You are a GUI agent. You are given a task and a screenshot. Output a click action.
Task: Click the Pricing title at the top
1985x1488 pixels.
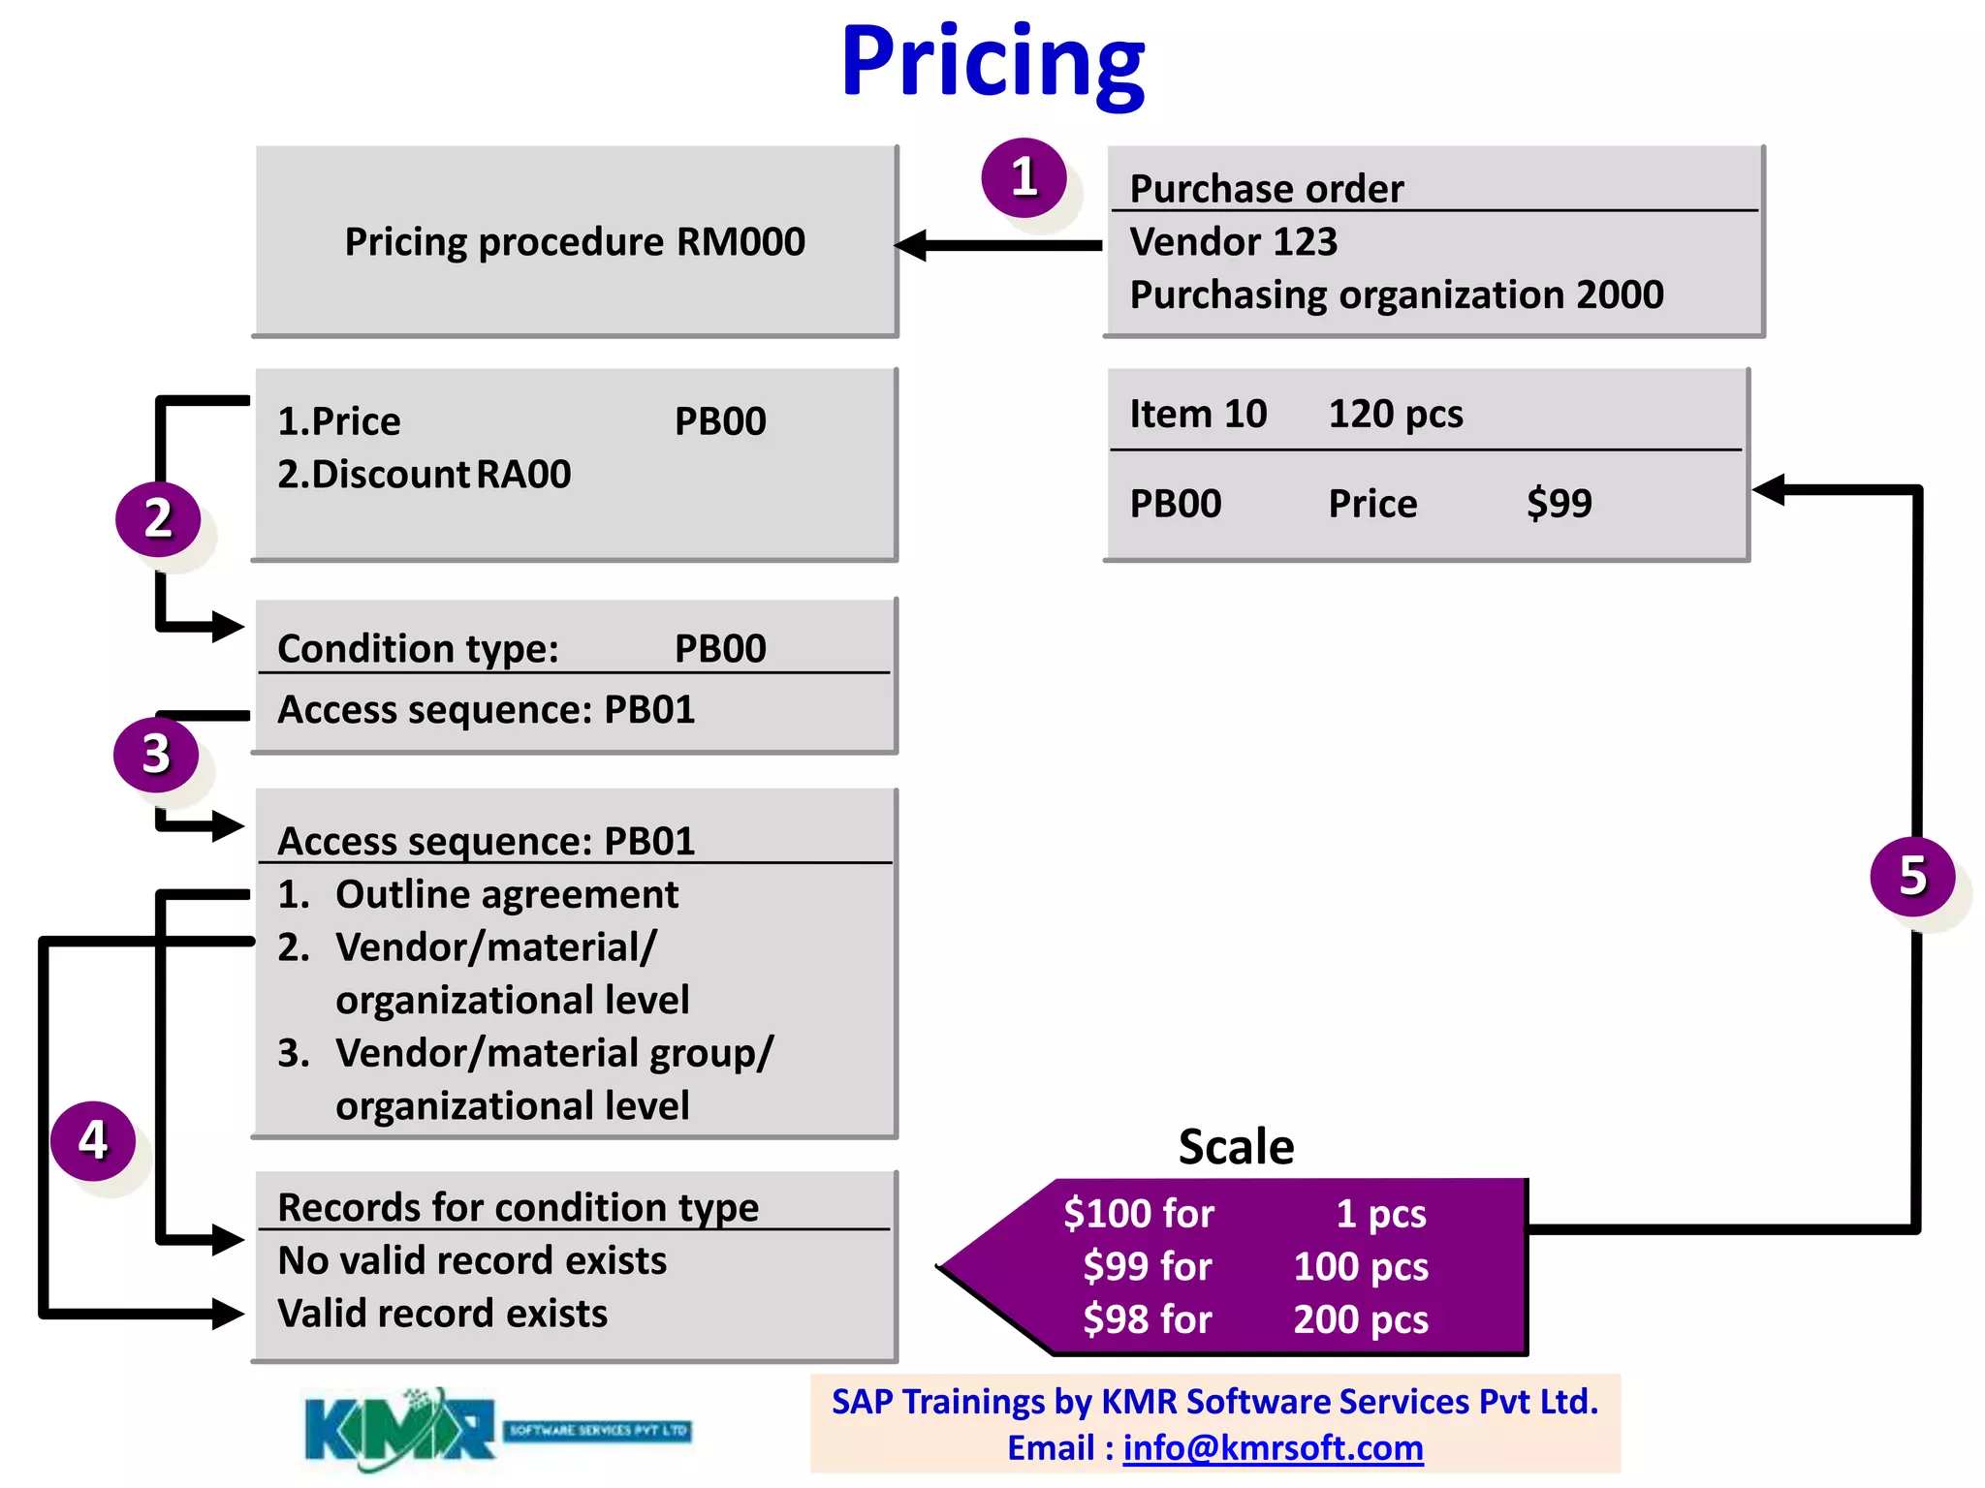click(992, 63)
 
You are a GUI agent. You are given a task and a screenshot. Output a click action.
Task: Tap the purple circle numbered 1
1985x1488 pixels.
click(1024, 178)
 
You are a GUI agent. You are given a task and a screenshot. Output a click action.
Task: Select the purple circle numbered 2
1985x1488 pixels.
click(158, 518)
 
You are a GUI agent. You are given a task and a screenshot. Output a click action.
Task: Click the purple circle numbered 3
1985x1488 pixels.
click(156, 755)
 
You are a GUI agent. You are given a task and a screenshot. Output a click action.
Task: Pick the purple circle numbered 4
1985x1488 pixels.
click(93, 1140)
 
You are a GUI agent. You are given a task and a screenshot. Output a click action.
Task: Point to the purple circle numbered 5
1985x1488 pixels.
click(1912, 876)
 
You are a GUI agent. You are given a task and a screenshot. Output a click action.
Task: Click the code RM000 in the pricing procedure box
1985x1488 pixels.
click(740, 242)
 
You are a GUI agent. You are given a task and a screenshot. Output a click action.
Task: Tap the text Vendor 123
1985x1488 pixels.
click(1233, 242)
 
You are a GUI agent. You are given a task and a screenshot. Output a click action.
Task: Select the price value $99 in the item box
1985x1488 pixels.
click(1559, 504)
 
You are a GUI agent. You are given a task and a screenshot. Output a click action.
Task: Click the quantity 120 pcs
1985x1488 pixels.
click(1395, 415)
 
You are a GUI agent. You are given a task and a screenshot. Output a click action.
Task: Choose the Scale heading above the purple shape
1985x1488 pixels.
click(1236, 1147)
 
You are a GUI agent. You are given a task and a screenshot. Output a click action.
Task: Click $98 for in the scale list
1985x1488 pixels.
click(1148, 1319)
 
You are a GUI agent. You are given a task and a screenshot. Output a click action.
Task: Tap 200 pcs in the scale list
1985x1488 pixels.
click(1361, 1319)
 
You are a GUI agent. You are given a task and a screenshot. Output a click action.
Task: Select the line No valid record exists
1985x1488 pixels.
click(472, 1261)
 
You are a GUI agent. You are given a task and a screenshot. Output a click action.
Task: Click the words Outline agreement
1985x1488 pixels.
click(506, 895)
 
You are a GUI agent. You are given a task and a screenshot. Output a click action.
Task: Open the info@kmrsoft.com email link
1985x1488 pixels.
click(1273, 1448)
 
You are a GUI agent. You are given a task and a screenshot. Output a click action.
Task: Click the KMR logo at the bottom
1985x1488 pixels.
click(399, 1430)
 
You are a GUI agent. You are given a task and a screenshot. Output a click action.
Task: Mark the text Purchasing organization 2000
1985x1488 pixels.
click(1396, 295)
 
